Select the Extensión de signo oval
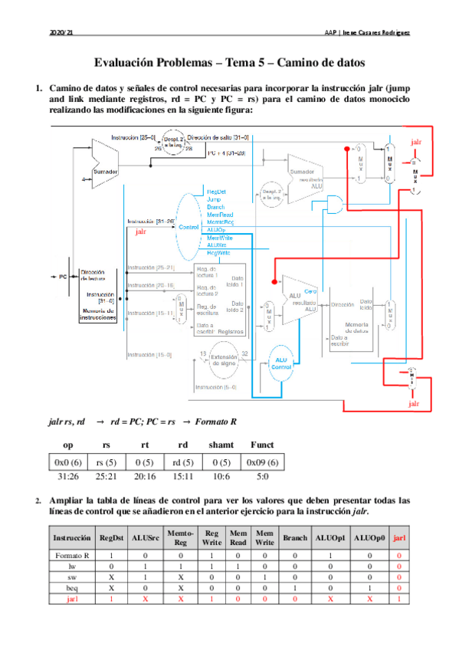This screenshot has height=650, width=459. pyautogui.click(x=224, y=362)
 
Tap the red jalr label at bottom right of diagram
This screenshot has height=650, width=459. pyautogui.click(x=414, y=403)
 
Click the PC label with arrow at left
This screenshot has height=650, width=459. pyautogui.click(x=59, y=275)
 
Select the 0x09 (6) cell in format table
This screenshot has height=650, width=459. pyautogui.click(x=262, y=462)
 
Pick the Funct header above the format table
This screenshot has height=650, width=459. pyautogui.click(x=262, y=445)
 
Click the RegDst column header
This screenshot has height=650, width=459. pyautogui.click(x=113, y=538)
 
